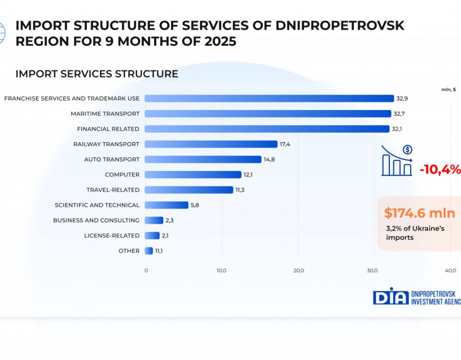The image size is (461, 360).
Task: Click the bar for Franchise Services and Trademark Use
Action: (x=269, y=98)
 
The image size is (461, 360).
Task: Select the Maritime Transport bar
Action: (x=267, y=114)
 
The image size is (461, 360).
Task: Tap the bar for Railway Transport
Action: (x=211, y=144)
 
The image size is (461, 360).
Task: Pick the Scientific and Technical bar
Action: (x=166, y=205)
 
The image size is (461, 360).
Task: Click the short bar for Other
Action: (x=148, y=251)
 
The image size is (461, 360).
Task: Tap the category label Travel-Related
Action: (x=113, y=190)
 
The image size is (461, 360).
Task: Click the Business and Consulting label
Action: (x=96, y=220)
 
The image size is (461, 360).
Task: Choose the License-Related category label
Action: (x=111, y=236)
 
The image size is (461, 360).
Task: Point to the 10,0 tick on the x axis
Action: (x=221, y=271)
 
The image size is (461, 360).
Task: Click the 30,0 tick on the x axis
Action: (x=373, y=271)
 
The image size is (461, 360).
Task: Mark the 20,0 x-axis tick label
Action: (x=298, y=271)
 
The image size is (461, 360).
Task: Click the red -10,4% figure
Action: (x=439, y=169)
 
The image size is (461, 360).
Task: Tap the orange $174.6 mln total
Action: (x=419, y=213)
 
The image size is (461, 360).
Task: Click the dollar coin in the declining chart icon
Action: (x=407, y=150)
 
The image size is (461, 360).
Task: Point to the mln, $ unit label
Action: (x=449, y=89)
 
